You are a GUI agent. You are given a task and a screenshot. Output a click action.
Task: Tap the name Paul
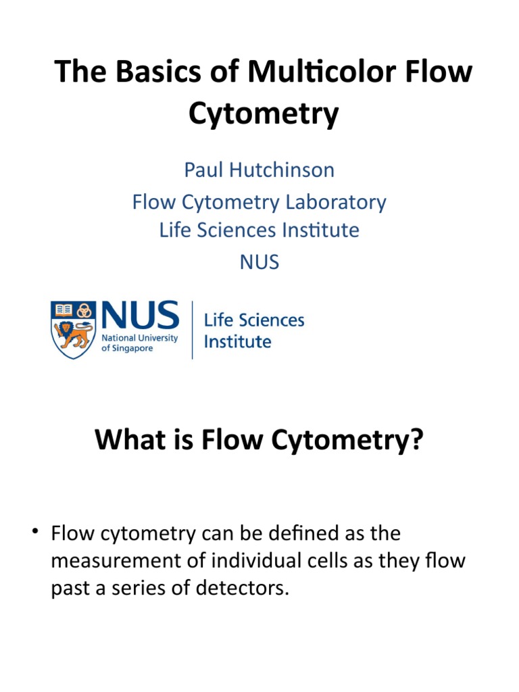click(204, 170)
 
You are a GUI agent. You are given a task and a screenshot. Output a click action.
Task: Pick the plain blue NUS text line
click(259, 262)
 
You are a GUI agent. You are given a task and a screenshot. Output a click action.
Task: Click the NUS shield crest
click(74, 329)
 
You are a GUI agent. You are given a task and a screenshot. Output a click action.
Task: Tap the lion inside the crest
click(74, 335)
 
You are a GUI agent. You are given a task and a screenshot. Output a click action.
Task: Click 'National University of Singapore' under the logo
click(139, 343)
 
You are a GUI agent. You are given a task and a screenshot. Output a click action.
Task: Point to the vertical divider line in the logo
click(193, 330)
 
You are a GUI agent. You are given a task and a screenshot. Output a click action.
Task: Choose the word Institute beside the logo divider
click(237, 342)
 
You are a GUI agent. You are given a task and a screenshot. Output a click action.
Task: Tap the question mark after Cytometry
click(416, 441)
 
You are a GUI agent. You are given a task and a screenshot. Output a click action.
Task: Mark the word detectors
click(246, 588)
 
